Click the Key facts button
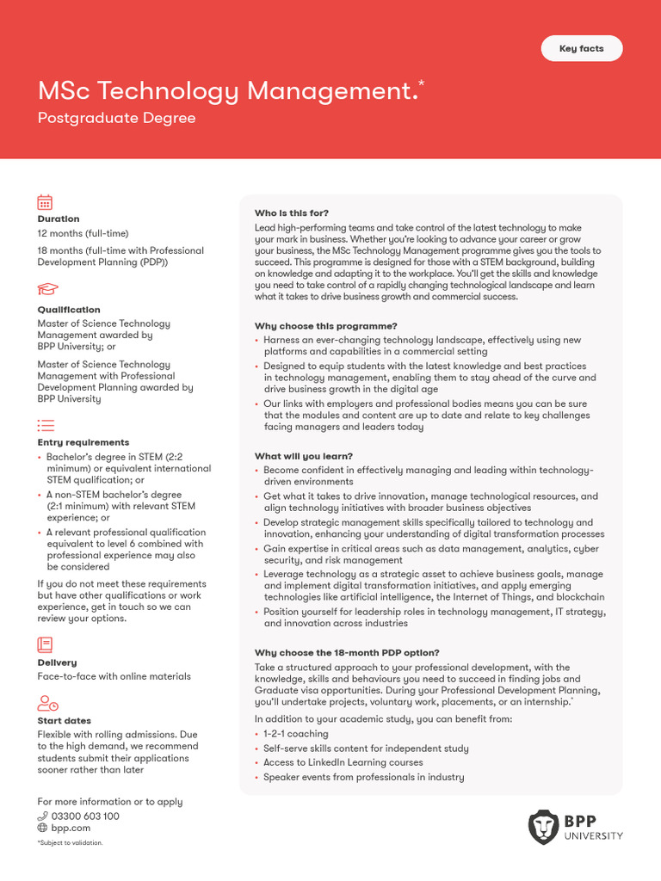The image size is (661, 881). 581,49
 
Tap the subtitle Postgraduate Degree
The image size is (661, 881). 116,118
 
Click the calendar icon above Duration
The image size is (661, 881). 45,202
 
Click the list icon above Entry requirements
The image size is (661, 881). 46,425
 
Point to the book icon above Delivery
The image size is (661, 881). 45,644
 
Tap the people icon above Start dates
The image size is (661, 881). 47,703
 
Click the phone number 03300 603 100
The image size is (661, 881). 85,816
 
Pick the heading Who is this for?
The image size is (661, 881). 291,213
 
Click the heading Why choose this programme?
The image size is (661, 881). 325,326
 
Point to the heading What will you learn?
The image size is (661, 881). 303,456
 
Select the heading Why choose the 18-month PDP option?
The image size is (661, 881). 347,653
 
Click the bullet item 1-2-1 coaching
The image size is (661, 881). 295,734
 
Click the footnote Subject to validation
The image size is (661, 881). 70,843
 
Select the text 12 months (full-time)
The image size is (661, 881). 83,233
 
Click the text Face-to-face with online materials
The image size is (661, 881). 114,676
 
